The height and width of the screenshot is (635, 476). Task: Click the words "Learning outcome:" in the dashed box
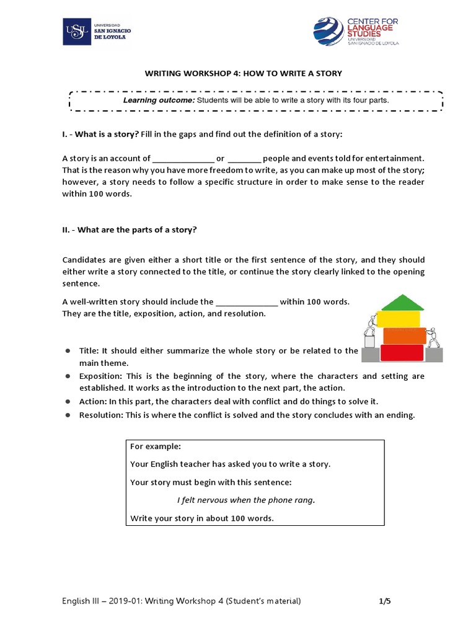pyautogui.click(x=159, y=100)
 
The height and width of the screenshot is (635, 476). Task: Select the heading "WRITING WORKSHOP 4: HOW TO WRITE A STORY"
pyautogui.click(x=243, y=73)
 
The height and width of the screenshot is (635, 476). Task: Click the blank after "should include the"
pyautogui.click(x=247, y=302)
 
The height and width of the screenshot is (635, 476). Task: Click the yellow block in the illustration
pyautogui.click(x=403, y=319)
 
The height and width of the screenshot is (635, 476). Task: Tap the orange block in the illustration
pyautogui.click(x=404, y=336)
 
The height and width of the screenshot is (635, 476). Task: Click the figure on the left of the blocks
pyautogui.click(x=371, y=332)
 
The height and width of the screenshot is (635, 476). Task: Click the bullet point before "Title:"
pyautogui.click(x=68, y=351)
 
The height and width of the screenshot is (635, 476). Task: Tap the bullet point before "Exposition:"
pyautogui.click(x=68, y=376)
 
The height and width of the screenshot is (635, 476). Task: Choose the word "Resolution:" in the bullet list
pyautogui.click(x=101, y=415)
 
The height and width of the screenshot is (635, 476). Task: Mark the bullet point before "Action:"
pyautogui.click(x=68, y=402)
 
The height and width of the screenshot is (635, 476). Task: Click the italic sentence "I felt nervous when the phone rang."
pyautogui.click(x=246, y=500)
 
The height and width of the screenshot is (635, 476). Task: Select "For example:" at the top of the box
pyautogui.click(x=155, y=446)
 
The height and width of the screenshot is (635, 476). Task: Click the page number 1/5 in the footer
pyautogui.click(x=385, y=601)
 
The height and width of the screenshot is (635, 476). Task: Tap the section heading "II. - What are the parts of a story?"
pyautogui.click(x=130, y=229)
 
